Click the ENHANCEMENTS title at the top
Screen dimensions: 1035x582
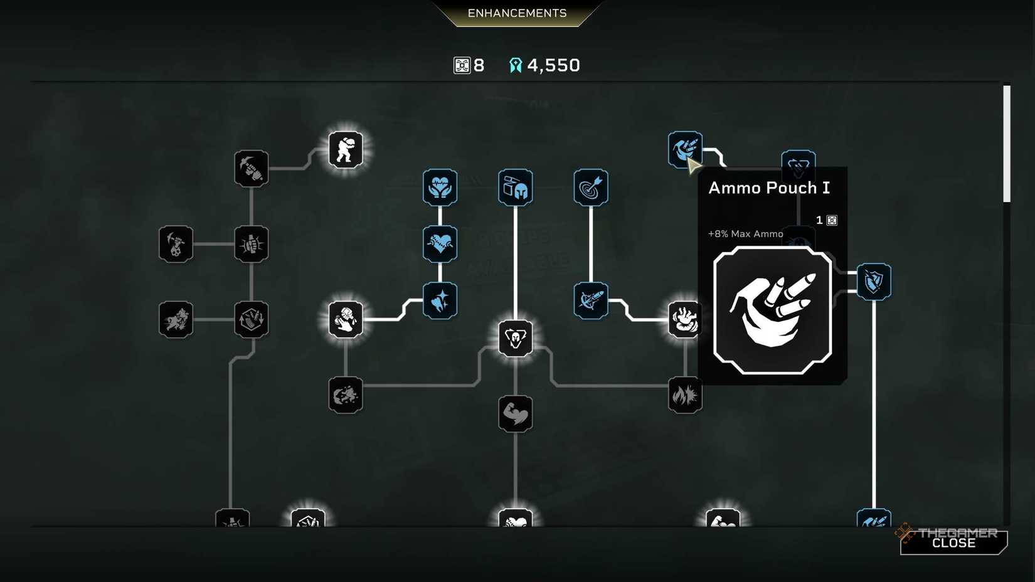pos(517,13)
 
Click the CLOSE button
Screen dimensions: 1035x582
pos(953,542)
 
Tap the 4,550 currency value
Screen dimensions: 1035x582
pos(553,66)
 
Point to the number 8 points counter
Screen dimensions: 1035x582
pos(479,66)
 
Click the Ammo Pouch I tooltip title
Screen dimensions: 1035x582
pos(769,188)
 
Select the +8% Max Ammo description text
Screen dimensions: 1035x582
pos(745,234)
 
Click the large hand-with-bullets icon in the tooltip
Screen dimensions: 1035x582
pos(772,310)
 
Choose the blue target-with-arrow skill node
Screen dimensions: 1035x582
pos(591,187)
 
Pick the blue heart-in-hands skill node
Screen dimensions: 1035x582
pos(440,187)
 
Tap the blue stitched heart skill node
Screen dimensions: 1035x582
pos(440,244)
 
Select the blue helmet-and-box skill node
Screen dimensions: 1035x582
pos(515,187)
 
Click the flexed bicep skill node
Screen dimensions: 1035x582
pos(515,414)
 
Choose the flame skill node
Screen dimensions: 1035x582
pos(685,395)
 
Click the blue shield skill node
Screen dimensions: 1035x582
pos(874,282)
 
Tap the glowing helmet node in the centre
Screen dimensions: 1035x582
pos(515,338)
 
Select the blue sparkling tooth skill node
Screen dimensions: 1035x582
pos(440,300)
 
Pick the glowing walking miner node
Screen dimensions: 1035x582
pos(346,150)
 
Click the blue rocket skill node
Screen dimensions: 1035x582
pos(591,300)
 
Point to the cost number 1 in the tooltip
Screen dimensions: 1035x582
pos(819,220)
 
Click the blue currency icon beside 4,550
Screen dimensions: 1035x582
pos(516,65)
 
